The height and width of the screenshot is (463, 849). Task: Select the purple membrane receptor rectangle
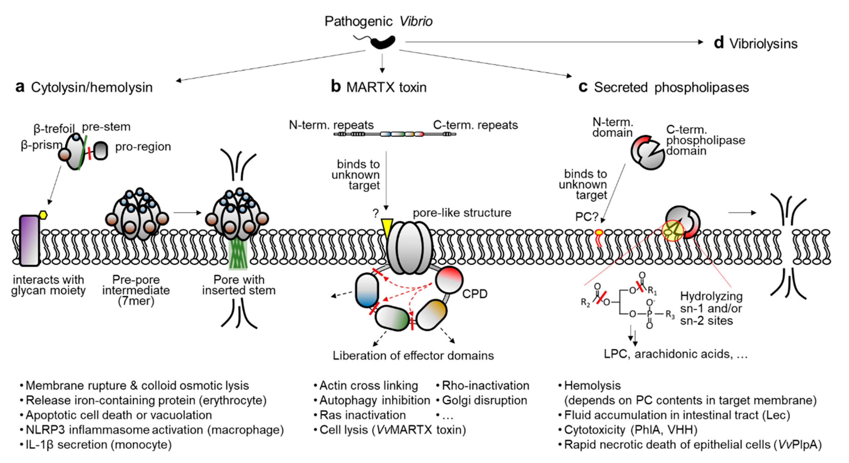coord(29,240)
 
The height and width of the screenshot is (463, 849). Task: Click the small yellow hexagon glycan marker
coord(43,215)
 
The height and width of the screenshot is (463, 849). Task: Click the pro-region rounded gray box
coord(101,151)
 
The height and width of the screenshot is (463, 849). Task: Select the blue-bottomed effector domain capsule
coord(367,290)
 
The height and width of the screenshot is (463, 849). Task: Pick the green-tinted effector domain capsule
coord(393,318)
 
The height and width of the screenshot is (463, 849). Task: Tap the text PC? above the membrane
coord(586,217)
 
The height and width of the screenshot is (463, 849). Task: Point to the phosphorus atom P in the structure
coord(649,314)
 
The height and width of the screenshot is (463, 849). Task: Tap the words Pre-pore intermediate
coord(136,285)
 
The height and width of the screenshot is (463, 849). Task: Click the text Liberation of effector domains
coord(413,356)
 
